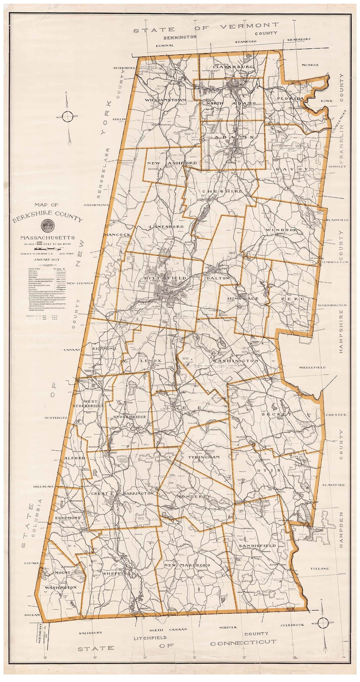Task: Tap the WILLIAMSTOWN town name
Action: click(165, 100)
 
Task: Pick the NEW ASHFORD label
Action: click(172, 163)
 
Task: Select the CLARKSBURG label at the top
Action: click(229, 67)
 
